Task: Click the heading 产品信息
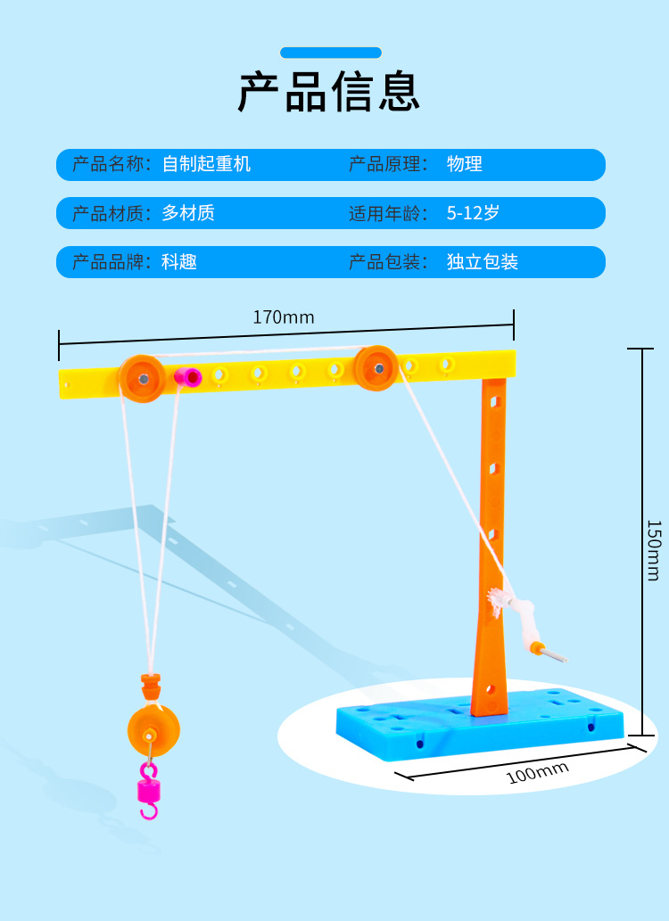click(x=329, y=92)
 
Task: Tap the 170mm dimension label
click(x=284, y=317)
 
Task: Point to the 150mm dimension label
click(x=654, y=550)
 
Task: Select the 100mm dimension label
click(x=537, y=772)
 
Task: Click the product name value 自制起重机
click(x=206, y=164)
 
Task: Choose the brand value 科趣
click(x=179, y=262)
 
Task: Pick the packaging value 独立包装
click(x=483, y=262)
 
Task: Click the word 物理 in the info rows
click(x=465, y=164)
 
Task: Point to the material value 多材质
click(x=188, y=213)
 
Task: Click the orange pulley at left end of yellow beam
click(x=141, y=378)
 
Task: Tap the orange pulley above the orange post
click(x=376, y=367)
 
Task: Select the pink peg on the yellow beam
click(x=188, y=377)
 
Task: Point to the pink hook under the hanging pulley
click(x=148, y=790)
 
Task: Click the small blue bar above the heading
click(x=331, y=53)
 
